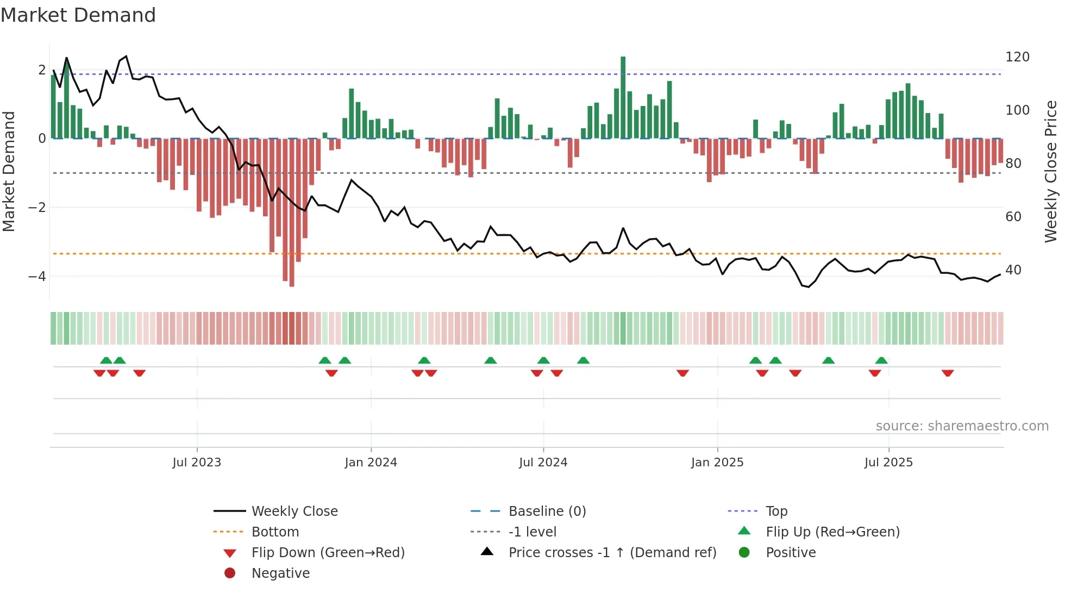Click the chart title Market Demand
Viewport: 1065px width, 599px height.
[78, 15]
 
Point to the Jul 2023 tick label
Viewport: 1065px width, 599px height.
[197, 463]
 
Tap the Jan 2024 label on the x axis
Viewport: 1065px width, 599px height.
[371, 463]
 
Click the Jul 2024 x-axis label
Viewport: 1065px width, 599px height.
[543, 463]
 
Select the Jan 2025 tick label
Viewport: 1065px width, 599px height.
[717, 463]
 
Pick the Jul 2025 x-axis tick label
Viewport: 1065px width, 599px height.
[888, 463]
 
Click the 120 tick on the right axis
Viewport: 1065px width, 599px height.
[1017, 57]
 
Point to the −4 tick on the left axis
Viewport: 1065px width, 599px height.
[37, 277]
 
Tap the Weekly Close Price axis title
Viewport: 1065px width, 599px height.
[1051, 171]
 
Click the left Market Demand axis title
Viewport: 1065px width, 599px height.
[9, 171]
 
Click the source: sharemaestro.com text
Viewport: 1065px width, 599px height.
[962, 426]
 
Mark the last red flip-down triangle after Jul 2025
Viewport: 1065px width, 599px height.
[948, 373]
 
